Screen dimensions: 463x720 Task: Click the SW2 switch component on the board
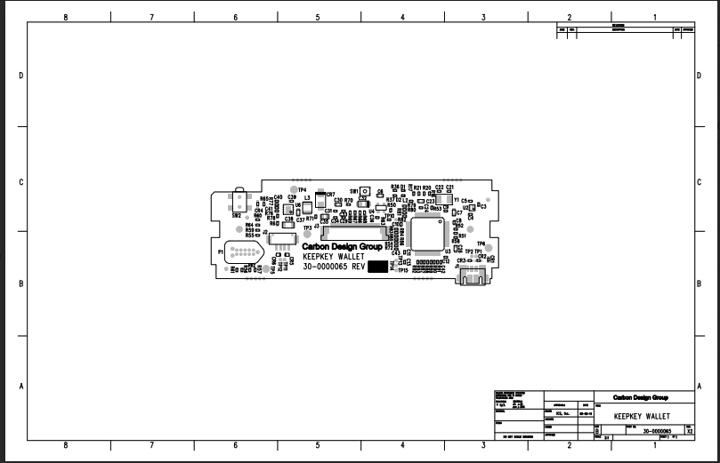[238, 203]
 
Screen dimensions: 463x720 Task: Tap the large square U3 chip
[430, 233]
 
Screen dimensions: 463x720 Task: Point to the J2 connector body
[281, 239]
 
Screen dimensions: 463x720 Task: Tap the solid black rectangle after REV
[378, 267]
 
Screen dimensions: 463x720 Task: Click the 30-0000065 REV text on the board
[334, 267]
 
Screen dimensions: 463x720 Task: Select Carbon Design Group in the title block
[641, 397]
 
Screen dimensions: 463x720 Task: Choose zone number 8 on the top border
[65, 16]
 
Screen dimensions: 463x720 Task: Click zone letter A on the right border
[700, 386]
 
